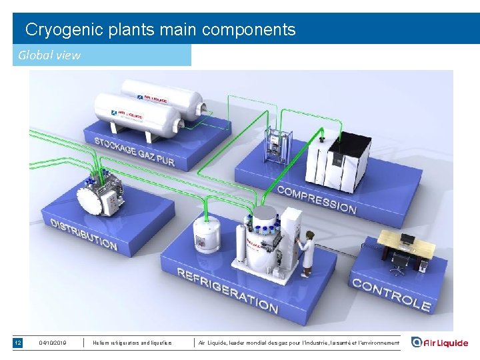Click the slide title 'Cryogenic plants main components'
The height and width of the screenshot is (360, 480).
coord(160,29)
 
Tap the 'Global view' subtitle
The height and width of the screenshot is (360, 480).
coord(49,55)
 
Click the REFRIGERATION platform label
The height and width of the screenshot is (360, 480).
coord(227,290)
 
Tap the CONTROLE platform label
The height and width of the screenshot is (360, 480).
coord(391,295)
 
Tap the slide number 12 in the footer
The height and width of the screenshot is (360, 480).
coord(18,343)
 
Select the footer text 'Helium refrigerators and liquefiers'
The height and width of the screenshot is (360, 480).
coord(133,343)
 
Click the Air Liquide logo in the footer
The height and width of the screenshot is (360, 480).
coord(439,343)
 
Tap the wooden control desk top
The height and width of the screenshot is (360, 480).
coord(407,243)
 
